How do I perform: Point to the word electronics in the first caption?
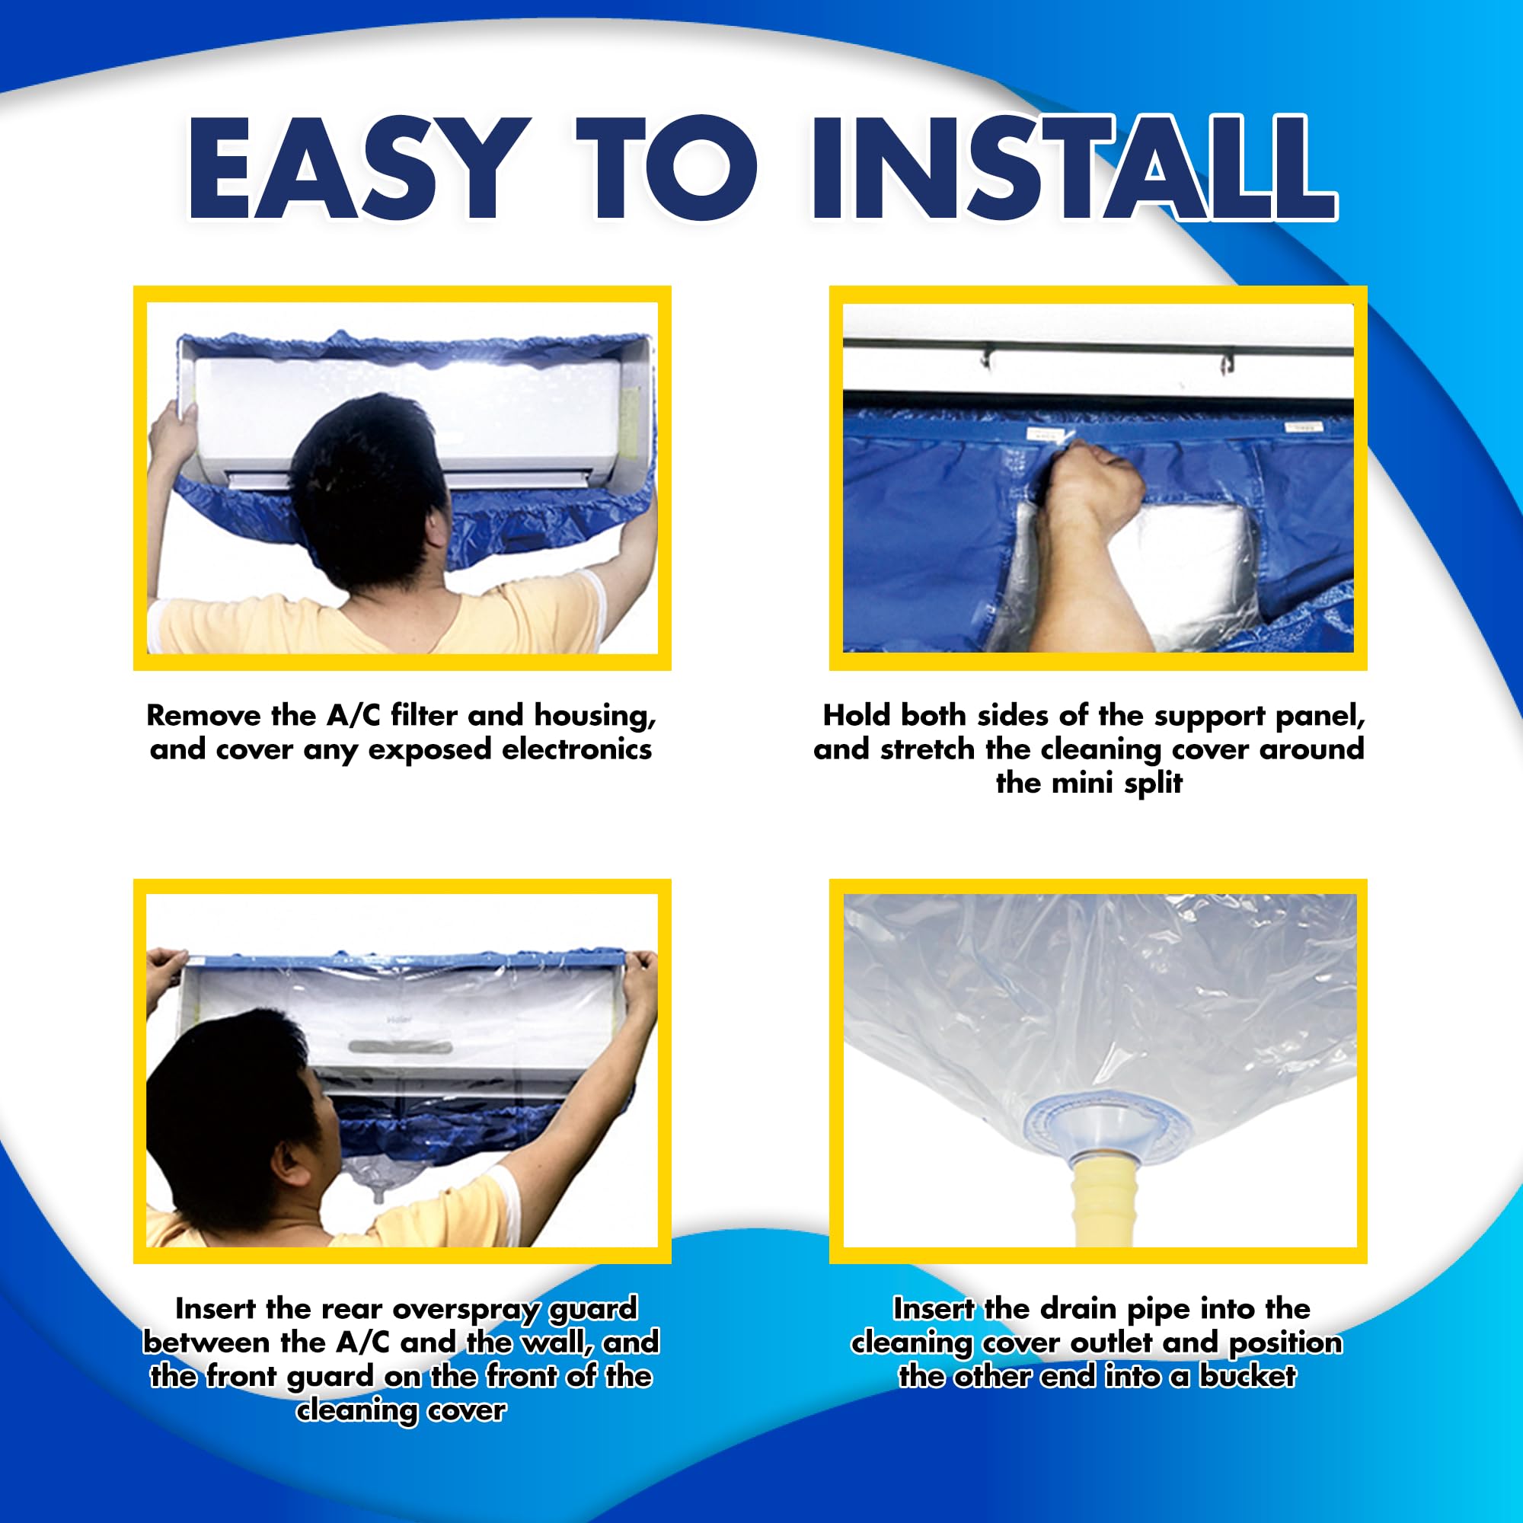576,749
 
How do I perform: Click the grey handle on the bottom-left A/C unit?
401,1047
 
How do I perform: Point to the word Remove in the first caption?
203,715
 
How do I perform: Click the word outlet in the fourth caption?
1116,1342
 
